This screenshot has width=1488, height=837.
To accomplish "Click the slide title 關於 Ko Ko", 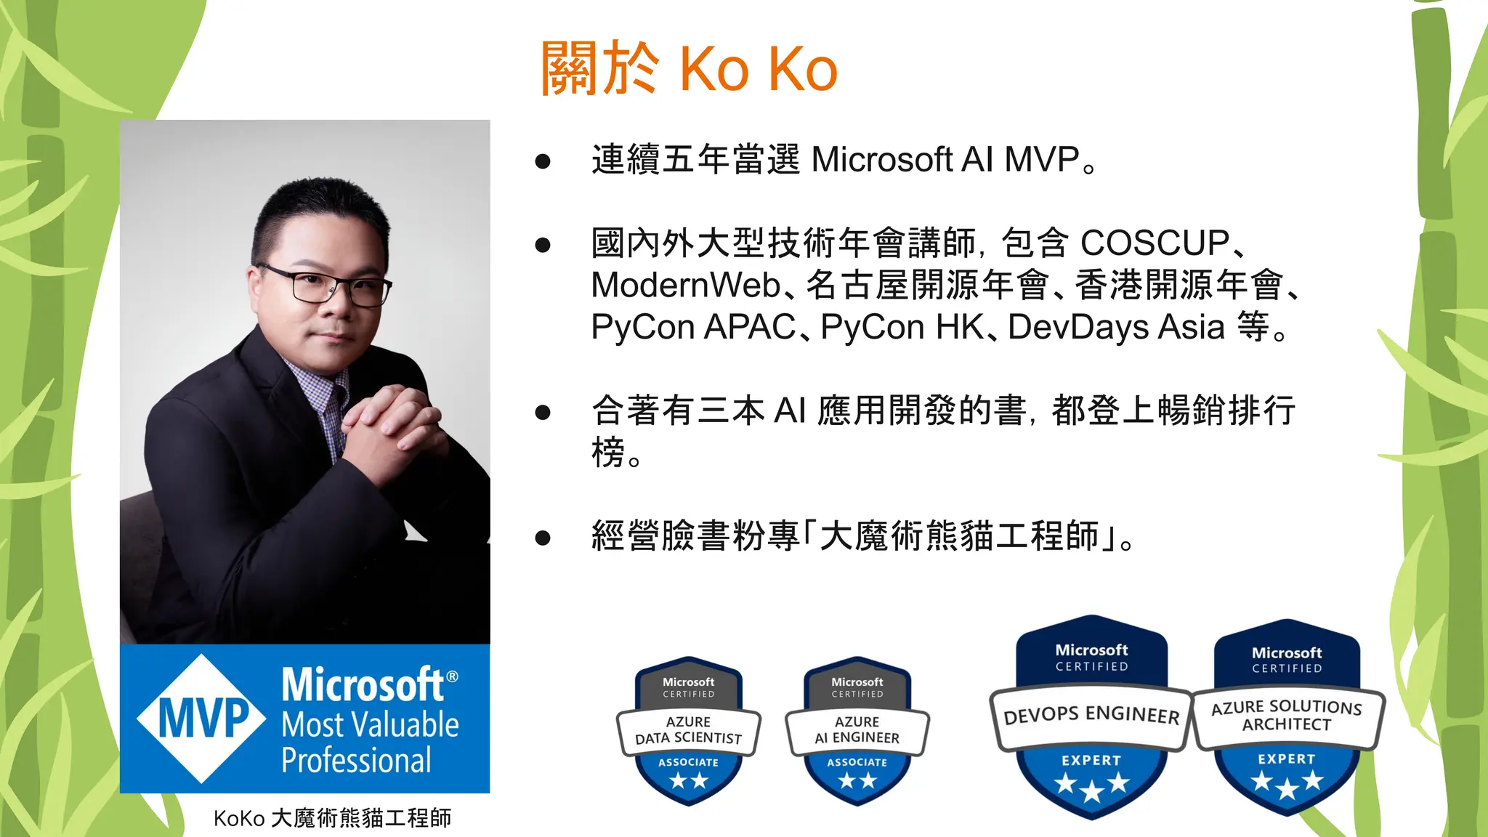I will (689, 69).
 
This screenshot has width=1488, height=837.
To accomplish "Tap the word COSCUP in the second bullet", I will (1155, 243).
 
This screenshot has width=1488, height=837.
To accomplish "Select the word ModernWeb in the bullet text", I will (685, 285).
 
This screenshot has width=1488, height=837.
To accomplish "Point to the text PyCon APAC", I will (693, 327).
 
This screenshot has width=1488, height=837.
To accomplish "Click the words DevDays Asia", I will (1116, 327).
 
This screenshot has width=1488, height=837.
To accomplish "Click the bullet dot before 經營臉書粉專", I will (542, 538).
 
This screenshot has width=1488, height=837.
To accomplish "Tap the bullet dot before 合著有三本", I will (542, 413).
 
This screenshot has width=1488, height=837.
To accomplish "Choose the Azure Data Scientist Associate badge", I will (688, 731).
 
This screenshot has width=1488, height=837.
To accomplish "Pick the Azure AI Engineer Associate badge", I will (857, 731).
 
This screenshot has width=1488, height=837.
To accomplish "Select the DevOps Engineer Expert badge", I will (1091, 716).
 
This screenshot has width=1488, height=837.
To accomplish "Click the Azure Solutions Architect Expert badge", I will (1287, 716).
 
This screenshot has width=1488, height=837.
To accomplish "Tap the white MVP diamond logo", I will (202, 718).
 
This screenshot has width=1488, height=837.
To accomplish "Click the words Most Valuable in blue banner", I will (370, 725).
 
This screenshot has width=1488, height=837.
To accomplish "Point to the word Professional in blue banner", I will (356, 761).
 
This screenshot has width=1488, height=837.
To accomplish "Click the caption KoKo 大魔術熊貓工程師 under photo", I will (332, 818).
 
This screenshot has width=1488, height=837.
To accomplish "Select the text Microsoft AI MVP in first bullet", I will (945, 160).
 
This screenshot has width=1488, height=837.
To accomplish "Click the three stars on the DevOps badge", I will (1091, 785).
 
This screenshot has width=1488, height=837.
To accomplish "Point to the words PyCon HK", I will (902, 327).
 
